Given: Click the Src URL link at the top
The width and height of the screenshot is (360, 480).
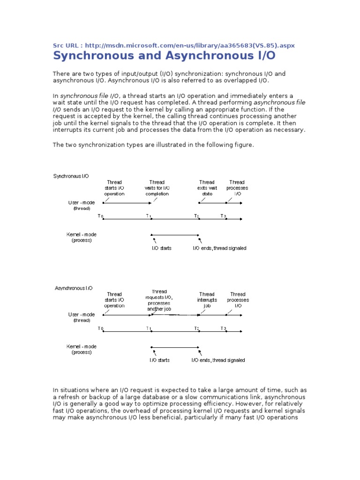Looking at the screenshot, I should point(174,45).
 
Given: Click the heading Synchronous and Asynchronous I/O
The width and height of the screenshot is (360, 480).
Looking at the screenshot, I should point(164,56).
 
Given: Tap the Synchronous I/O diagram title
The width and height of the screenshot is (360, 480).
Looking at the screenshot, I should point(71,176).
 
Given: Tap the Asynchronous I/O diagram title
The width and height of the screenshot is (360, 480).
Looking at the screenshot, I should point(74,288).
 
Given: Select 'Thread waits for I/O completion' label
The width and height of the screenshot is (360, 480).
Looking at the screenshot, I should point(157,188).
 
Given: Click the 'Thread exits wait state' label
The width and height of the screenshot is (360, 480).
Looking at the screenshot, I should point(207,188).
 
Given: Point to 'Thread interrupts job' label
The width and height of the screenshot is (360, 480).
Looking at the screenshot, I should point(207,300).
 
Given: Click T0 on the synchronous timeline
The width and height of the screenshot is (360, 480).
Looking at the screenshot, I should point(100,216).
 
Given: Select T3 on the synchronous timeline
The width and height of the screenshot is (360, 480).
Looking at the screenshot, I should point(224,216).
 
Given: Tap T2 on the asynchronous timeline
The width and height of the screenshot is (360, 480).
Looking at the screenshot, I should point(197,328).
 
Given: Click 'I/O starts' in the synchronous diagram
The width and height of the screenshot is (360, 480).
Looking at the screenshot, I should point(161,248).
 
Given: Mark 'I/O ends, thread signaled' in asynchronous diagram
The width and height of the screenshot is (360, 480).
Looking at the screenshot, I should point(218,360).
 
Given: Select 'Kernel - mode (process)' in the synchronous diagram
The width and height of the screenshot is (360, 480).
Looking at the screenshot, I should point(82,237).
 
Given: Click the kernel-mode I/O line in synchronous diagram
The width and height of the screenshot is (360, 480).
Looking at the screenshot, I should point(175,235).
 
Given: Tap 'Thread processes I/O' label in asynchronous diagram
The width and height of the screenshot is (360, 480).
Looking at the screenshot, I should point(238,300).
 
